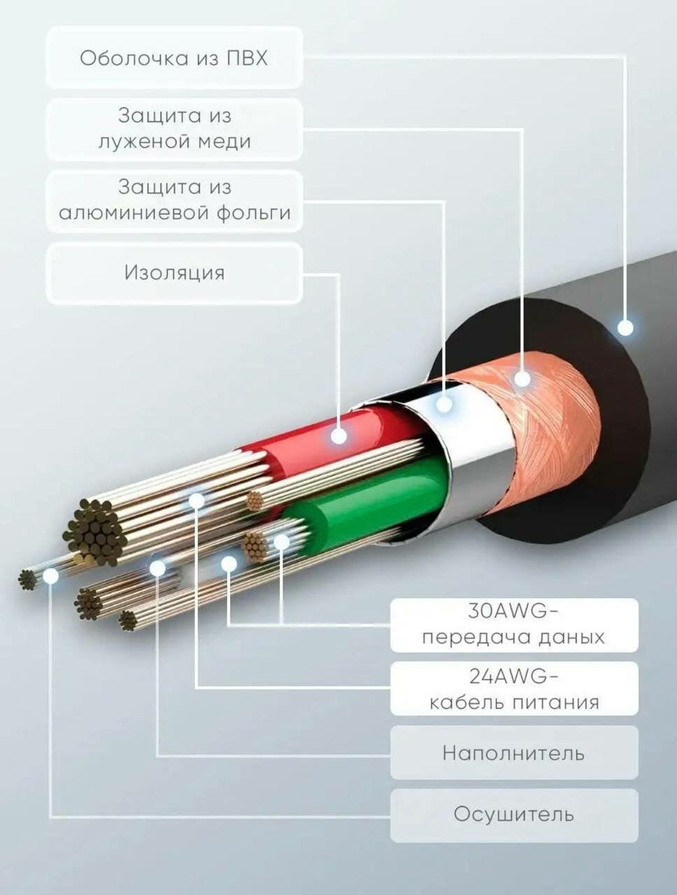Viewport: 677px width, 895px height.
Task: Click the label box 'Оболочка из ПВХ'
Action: point(174,57)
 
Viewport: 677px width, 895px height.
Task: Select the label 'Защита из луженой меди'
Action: point(174,129)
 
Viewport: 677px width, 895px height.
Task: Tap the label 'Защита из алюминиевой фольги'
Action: point(174,200)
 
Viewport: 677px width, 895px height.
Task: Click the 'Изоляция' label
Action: point(174,273)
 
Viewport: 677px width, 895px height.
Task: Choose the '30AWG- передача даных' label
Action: point(514,624)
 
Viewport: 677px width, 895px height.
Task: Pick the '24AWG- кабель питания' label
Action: point(514,689)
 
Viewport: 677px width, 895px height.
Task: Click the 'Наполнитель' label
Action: point(514,753)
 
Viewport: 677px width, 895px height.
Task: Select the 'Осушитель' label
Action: point(514,815)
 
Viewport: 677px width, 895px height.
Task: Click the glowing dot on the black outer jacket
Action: point(625,327)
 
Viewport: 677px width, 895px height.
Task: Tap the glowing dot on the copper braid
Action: point(522,380)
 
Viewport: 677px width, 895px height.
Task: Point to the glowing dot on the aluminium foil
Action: point(444,404)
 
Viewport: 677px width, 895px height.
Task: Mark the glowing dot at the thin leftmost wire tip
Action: point(50,575)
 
